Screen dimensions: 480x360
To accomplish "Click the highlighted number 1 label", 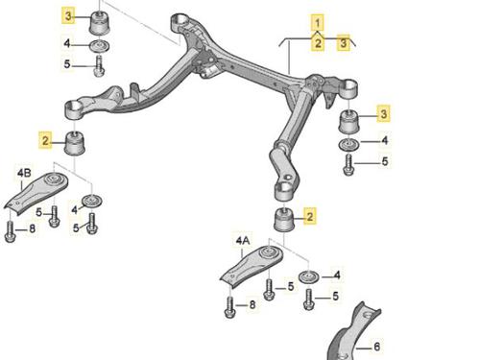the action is point(318,23).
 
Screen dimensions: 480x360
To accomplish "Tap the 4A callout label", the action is point(243,240).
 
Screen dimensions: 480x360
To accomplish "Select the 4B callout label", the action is point(24,173).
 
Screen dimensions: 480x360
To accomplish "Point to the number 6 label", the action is point(376,347).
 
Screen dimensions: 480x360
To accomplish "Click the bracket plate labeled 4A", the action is point(252,266).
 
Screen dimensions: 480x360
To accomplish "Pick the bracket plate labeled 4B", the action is point(36,193).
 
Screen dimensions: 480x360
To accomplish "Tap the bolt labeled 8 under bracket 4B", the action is point(10,231).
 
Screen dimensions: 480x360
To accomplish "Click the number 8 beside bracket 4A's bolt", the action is point(252,304).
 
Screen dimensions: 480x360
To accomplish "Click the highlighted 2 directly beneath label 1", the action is point(318,43).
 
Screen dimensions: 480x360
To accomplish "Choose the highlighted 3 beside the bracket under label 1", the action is point(344,42).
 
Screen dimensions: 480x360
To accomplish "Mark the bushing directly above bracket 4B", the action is point(76,143).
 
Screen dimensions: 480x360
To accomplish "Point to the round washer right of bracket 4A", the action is point(309,276).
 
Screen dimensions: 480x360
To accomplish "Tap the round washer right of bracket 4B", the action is point(92,201).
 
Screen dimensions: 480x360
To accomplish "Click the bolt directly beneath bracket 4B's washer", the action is point(92,224).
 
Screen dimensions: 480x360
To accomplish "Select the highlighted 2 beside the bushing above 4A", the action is point(310,216).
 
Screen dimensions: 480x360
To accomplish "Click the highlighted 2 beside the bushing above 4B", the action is point(45,140).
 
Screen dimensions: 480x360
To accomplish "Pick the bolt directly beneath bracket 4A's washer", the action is point(309,300).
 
